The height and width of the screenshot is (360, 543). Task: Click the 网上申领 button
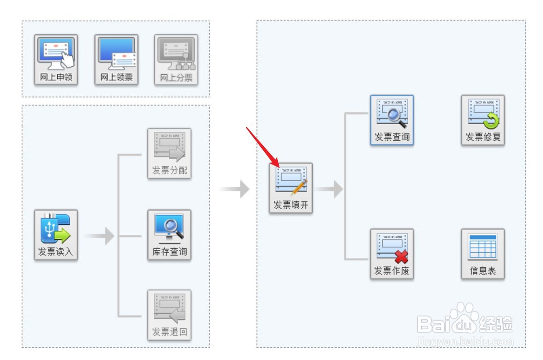[x=56, y=60]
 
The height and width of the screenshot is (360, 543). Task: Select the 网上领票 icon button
[x=116, y=60]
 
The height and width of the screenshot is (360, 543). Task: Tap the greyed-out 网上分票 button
[x=176, y=60]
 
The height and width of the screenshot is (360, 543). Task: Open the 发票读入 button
[x=56, y=235]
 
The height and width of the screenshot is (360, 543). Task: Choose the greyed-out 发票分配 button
[x=169, y=154]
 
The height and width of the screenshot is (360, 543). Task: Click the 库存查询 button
[x=169, y=235]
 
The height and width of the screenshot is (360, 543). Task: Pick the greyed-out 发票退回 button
[x=169, y=315]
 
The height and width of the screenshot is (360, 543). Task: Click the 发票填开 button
[x=291, y=188]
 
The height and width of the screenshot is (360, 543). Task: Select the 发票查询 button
[x=392, y=120]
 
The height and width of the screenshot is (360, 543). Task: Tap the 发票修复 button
[x=483, y=120]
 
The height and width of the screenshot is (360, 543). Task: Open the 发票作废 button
[x=392, y=254]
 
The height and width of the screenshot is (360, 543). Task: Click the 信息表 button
[x=483, y=254]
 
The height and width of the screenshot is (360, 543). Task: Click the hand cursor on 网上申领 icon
[x=67, y=59]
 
